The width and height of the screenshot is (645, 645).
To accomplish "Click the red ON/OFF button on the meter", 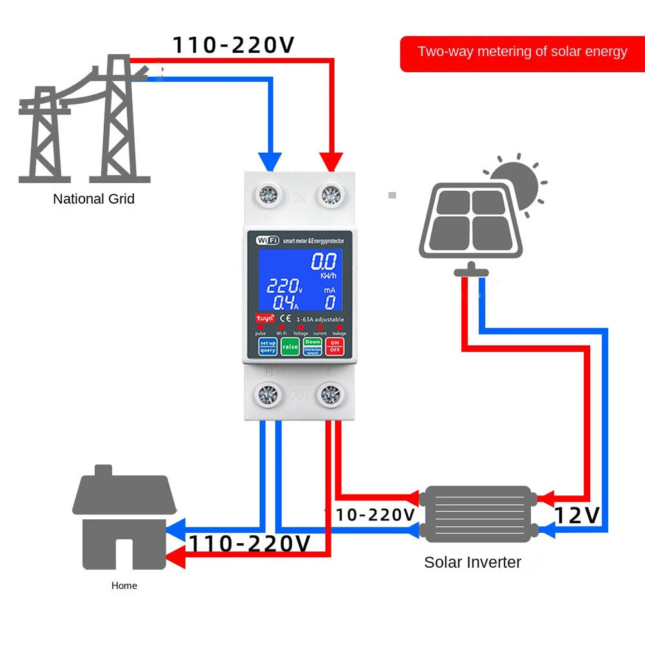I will point(334,346).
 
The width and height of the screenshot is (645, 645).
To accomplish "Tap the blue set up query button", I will point(267,346).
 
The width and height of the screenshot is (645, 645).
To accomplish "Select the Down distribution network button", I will point(312,346).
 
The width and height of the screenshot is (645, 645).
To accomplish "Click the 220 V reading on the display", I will point(284,286).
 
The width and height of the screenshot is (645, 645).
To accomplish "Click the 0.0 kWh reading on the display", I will point(324,262).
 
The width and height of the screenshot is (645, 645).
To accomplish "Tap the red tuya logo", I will point(266,319).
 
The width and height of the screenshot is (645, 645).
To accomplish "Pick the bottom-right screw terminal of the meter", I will point(330,395).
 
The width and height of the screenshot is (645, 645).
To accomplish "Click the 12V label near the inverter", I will point(577,515).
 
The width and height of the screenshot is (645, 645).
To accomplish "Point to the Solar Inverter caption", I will point(472,562).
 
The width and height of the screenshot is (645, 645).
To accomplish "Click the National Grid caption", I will point(94,199).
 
